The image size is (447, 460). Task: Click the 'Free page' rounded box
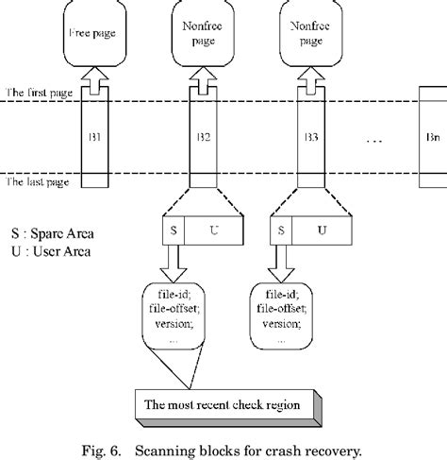point(94,33)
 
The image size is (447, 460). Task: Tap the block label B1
point(94,137)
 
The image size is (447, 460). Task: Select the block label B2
point(204,137)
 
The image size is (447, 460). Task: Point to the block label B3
point(311,137)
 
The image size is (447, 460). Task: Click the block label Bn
point(433,137)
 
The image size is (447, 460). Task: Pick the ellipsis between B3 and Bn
point(374,141)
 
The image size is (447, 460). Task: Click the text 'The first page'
point(39,93)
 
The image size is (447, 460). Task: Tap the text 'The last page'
point(38,182)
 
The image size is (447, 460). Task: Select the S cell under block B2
point(174,230)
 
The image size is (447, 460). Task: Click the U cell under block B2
point(214,230)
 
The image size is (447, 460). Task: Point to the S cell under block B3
point(281,230)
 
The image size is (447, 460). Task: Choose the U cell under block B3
point(322,230)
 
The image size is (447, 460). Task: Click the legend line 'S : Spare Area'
point(53,233)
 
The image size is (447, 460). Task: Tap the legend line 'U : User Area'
point(51,251)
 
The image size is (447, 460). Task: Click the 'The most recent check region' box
point(228,408)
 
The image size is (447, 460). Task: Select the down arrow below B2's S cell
point(174,264)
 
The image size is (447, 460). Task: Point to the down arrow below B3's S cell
point(281,264)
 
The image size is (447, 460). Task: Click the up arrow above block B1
point(94,80)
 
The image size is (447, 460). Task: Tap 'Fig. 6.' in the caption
point(101,451)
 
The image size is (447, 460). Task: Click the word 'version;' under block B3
point(282,324)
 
